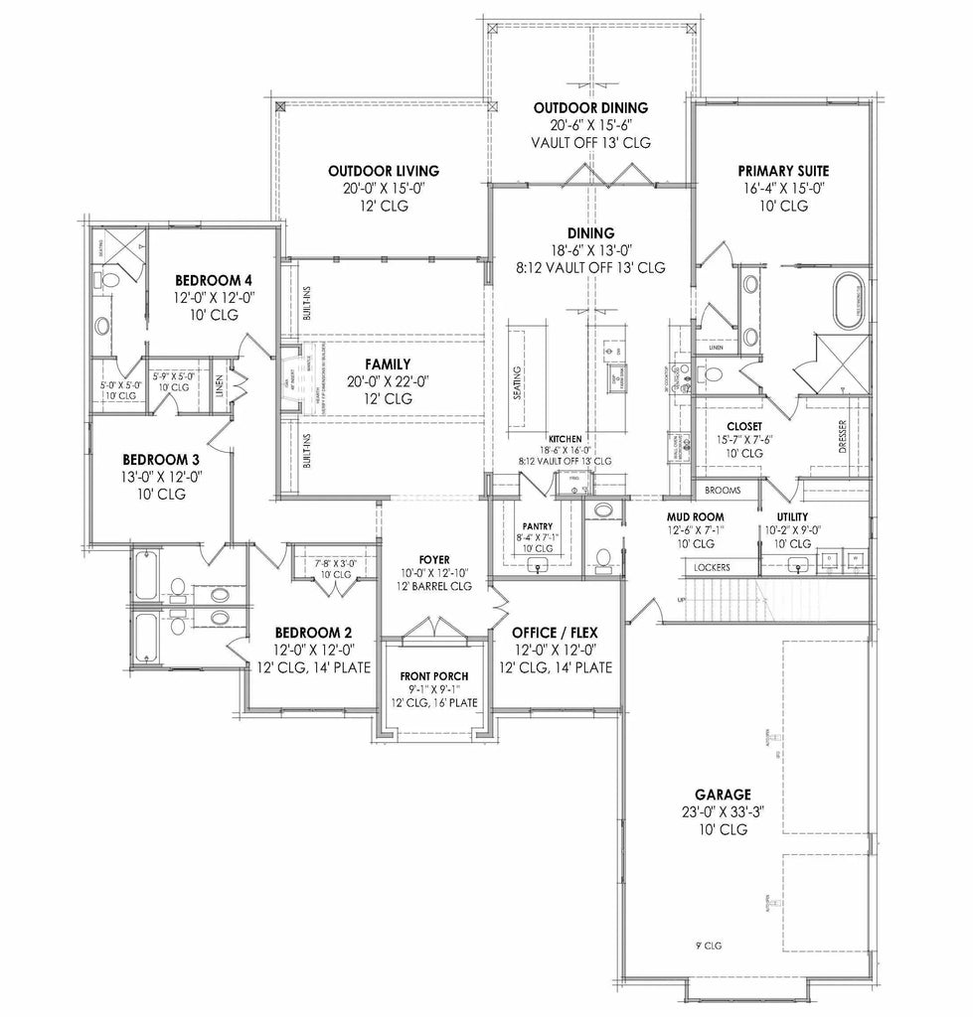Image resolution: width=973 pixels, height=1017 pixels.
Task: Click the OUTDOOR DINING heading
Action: pos(590,108)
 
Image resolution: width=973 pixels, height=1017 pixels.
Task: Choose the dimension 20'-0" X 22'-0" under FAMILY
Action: pos(374,381)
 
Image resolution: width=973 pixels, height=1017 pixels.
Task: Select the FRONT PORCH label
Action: pos(427,676)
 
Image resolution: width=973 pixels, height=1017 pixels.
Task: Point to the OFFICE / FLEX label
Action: pos(555,633)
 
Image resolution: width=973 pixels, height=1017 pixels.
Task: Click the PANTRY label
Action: pos(538,526)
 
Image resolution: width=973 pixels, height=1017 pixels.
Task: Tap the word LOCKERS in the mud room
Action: pos(713,567)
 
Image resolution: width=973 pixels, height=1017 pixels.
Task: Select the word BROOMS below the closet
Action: pos(723,491)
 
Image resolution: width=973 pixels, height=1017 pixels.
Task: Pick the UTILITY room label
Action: pos(792,517)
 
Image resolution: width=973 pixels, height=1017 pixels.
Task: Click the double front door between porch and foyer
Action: pos(427,630)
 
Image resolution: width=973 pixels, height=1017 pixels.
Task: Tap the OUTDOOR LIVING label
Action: pos(384,171)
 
